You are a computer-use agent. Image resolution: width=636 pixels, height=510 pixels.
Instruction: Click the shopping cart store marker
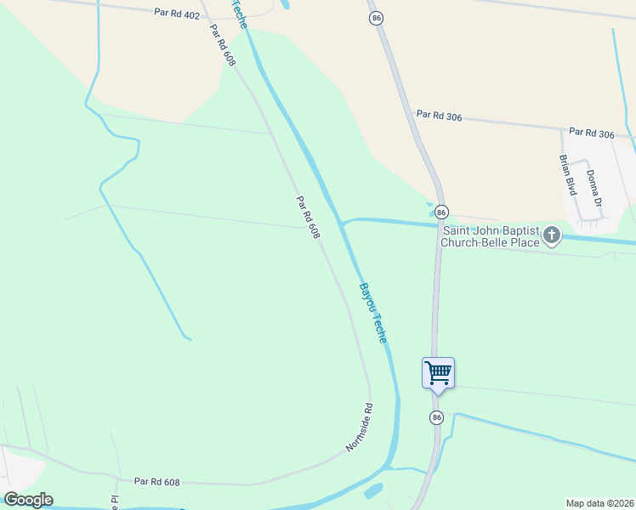(x=438, y=372)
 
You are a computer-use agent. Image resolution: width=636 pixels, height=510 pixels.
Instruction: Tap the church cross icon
(x=552, y=235)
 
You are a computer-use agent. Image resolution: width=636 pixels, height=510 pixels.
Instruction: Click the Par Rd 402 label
(x=177, y=14)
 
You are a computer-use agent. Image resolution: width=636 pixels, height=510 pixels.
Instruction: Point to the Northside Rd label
(x=360, y=428)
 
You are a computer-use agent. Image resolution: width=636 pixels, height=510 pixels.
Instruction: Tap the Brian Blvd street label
(x=567, y=175)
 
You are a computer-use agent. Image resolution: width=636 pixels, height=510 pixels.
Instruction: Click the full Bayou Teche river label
(x=372, y=313)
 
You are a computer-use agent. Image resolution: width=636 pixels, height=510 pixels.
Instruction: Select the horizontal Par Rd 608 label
(x=157, y=482)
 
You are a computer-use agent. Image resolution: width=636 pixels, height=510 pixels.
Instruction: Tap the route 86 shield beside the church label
(x=440, y=211)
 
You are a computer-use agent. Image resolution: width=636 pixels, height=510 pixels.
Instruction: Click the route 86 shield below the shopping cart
(x=436, y=417)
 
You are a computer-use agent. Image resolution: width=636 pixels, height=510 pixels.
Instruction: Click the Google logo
(x=28, y=499)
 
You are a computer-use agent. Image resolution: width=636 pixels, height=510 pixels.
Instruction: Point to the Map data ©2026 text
(x=599, y=502)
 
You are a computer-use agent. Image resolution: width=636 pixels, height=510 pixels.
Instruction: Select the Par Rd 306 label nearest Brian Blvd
(x=591, y=133)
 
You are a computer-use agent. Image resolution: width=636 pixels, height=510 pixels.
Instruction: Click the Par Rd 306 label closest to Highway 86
(x=439, y=116)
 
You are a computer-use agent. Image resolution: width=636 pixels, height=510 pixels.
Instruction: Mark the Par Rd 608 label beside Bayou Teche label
(x=308, y=218)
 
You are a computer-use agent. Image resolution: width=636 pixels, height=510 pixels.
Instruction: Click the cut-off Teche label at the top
(x=238, y=12)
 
